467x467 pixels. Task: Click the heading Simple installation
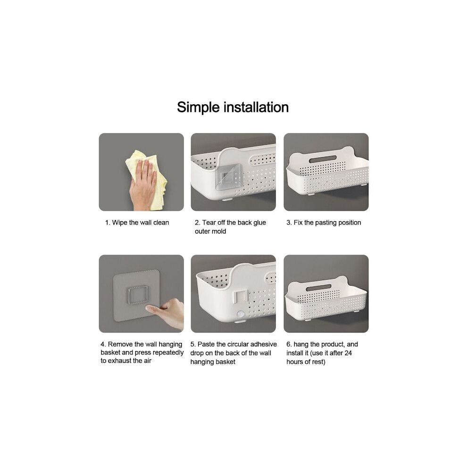[233, 107]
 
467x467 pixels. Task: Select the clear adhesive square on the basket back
[229, 177]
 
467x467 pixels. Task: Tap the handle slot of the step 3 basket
[323, 159]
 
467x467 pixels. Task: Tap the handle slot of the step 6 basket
[318, 288]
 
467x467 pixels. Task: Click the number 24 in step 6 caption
[348, 353]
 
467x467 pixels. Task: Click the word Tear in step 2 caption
[209, 223]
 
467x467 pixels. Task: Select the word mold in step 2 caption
[219, 231]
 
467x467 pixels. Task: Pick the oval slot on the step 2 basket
[262, 159]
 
